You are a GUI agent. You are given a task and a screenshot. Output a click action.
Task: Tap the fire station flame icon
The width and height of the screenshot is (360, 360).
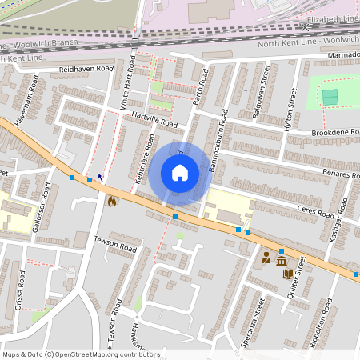pyautogui.click(x=111, y=202)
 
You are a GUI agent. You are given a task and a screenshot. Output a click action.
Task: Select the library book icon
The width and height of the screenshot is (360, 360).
pyautogui.click(x=288, y=274)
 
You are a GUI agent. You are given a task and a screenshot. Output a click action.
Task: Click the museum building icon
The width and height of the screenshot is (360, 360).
pyautogui.click(x=281, y=260)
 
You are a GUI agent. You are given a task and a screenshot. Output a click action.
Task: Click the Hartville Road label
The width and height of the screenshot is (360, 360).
pyautogui.click(x=153, y=120)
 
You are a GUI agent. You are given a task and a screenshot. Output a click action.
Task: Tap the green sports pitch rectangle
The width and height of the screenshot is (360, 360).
pyautogui.click(x=330, y=97)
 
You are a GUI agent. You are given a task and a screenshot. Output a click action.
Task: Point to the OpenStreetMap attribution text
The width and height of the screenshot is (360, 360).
pyautogui.click(x=80, y=354)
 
